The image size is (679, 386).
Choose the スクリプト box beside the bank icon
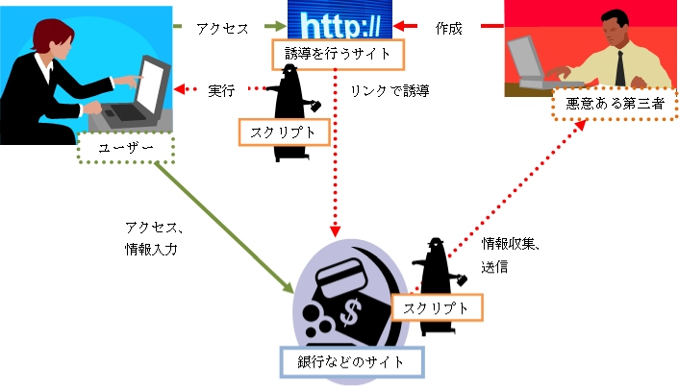tap(437, 307)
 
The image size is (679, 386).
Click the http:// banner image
tap(341, 20)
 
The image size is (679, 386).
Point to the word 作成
tap(448, 29)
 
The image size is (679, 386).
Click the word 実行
tap(222, 91)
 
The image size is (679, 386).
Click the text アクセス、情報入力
tap(153, 237)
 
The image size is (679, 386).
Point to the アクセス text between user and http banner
tap(222, 29)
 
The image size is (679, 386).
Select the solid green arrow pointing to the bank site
tap(226, 226)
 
